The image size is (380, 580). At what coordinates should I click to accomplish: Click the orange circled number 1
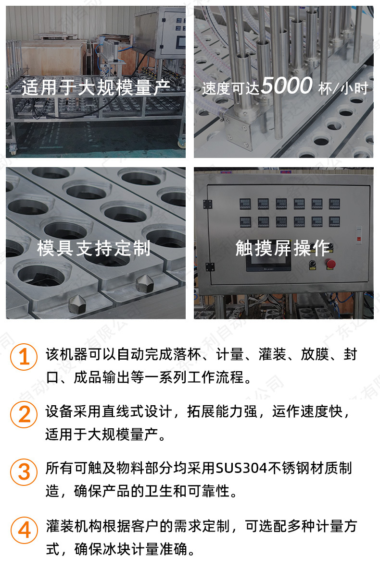pyautogui.click(x=24, y=358)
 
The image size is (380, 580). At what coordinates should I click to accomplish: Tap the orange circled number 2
pyautogui.click(x=24, y=414)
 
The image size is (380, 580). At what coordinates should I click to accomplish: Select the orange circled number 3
pyautogui.click(x=24, y=471)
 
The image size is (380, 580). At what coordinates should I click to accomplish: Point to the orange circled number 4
pyautogui.click(x=24, y=530)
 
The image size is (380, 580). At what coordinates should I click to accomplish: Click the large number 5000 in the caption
pyautogui.click(x=287, y=86)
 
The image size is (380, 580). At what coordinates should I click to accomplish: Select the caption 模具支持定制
pyautogui.click(x=94, y=248)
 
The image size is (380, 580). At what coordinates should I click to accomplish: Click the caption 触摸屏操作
pyautogui.click(x=283, y=248)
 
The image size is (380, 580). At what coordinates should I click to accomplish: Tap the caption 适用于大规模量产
pyautogui.click(x=96, y=87)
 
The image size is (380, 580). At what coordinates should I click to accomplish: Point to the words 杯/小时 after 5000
pyautogui.click(x=343, y=88)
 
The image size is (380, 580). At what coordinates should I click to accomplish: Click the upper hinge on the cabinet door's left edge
pyautogui.click(x=207, y=205)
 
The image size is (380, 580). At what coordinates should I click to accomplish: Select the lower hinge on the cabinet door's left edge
pyautogui.click(x=207, y=266)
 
